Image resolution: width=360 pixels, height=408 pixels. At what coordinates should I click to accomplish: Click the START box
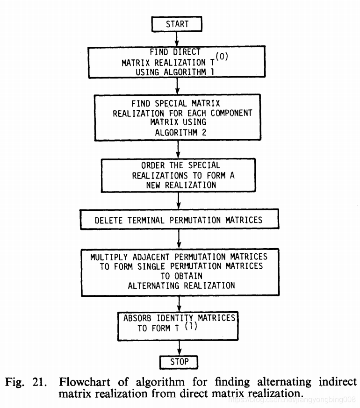click(177, 24)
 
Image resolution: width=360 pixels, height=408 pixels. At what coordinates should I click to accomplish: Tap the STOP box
click(179, 361)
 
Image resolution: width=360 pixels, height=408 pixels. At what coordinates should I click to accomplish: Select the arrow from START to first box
click(177, 38)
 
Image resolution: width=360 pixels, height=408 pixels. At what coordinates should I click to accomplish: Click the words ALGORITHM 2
click(177, 132)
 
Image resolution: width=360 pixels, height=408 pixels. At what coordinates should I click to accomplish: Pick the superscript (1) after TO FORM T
click(191, 327)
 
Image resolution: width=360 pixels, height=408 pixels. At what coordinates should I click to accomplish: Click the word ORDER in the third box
click(154, 165)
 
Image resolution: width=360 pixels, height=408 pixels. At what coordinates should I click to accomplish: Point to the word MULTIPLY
click(110, 257)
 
